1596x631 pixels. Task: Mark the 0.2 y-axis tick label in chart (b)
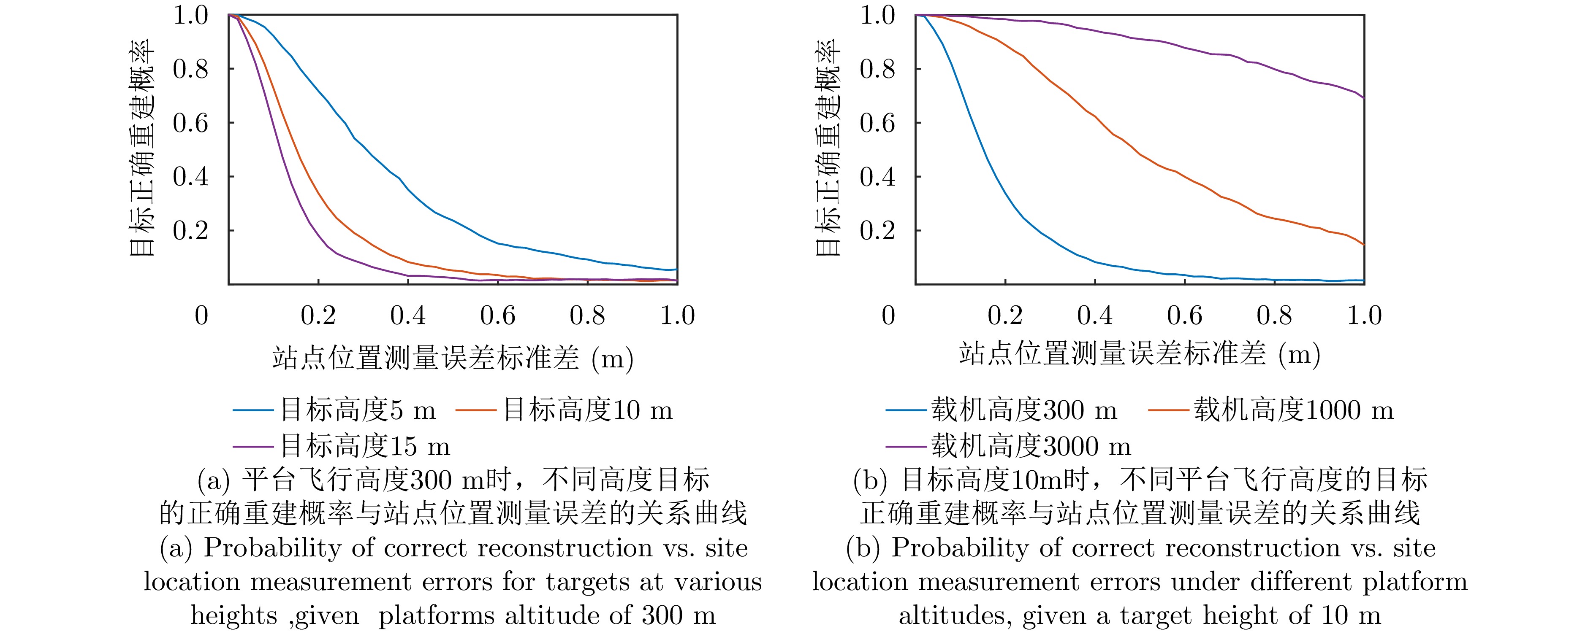[x=877, y=230]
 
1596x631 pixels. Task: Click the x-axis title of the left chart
[x=452, y=358]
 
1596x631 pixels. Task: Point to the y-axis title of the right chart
[x=827, y=148]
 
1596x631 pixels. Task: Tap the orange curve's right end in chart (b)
[x=1364, y=245]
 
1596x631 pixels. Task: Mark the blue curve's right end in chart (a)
[x=676, y=270]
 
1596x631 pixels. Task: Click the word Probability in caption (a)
[x=273, y=548]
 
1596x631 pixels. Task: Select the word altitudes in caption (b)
[x=955, y=615]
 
